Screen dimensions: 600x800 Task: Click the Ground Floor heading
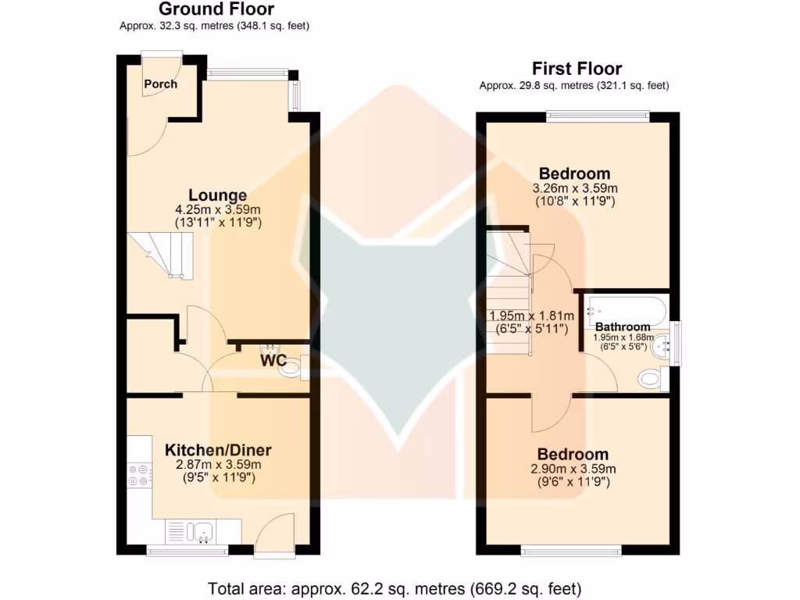216,9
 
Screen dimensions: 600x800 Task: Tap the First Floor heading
577,68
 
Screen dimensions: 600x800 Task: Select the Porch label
161,84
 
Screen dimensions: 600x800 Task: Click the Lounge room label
217,195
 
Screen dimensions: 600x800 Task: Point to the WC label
274,362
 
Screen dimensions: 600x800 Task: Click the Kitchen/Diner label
217,450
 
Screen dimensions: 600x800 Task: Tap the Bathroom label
623,327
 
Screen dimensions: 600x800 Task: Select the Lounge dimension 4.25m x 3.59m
217,210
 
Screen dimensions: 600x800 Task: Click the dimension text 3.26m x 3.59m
574,188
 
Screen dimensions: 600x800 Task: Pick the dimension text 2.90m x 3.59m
574,469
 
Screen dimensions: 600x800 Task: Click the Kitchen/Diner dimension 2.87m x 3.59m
217,464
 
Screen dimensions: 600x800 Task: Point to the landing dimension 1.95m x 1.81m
531,316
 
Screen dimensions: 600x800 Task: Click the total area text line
395,587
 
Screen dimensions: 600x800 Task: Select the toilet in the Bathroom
652,380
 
